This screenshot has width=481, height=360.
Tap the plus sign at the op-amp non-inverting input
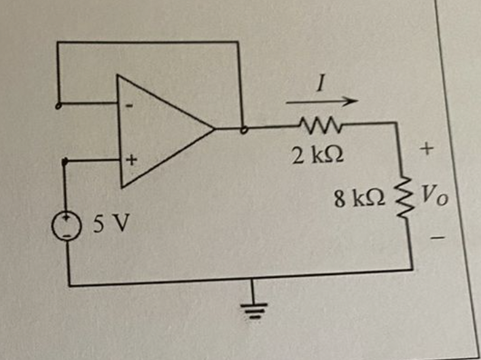pyautogui.click(x=133, y=161)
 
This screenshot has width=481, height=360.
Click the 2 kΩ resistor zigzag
pyautogui.click(x=313, y=124)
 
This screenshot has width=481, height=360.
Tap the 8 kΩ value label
pyautogui.click(x=359, y=198)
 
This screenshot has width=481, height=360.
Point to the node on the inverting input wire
pyautogui.click(x=60, y=105)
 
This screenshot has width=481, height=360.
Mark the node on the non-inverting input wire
pyautogui.click(x=65, y=162)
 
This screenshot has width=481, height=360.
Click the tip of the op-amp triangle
pyautogui.click(x=214, y=128)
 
